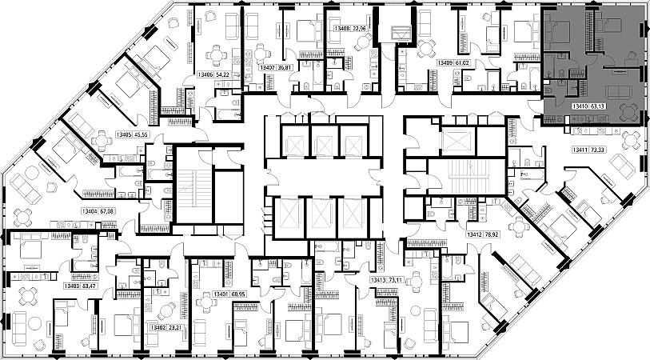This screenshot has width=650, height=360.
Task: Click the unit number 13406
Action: [x=205, y=74]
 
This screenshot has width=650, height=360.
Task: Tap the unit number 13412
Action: [x=477, y=235]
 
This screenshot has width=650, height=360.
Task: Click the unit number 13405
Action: [x=124, y=134]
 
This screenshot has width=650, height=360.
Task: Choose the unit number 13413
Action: [x=378, y=281]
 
